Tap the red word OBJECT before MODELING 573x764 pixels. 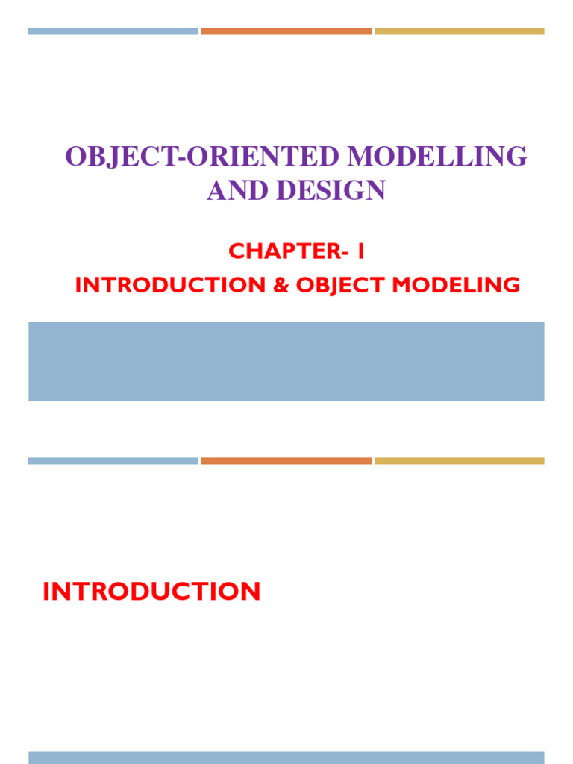(x=334, y=285)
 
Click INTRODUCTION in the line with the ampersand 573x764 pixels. (x=170, y=285)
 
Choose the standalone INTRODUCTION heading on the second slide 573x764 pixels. (x=151, y=592)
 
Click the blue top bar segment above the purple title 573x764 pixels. (x=113, y=31)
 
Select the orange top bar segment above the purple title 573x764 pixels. (x=286, y=31)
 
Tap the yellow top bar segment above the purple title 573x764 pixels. (x=460, y=31)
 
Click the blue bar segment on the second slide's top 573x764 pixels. (x=113, y=461)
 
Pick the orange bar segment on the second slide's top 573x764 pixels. (x=286, y=461)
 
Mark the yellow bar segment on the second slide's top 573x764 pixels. (x=460, y=461)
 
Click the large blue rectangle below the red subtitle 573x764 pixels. (x=286, y=361)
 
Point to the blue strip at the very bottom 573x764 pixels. (x=286, y=757)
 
